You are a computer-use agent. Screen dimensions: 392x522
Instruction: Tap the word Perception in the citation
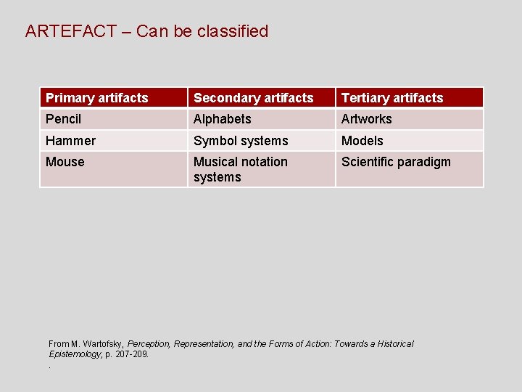click(149, 344)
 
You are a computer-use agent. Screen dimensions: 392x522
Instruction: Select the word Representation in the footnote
click(204, 344)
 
